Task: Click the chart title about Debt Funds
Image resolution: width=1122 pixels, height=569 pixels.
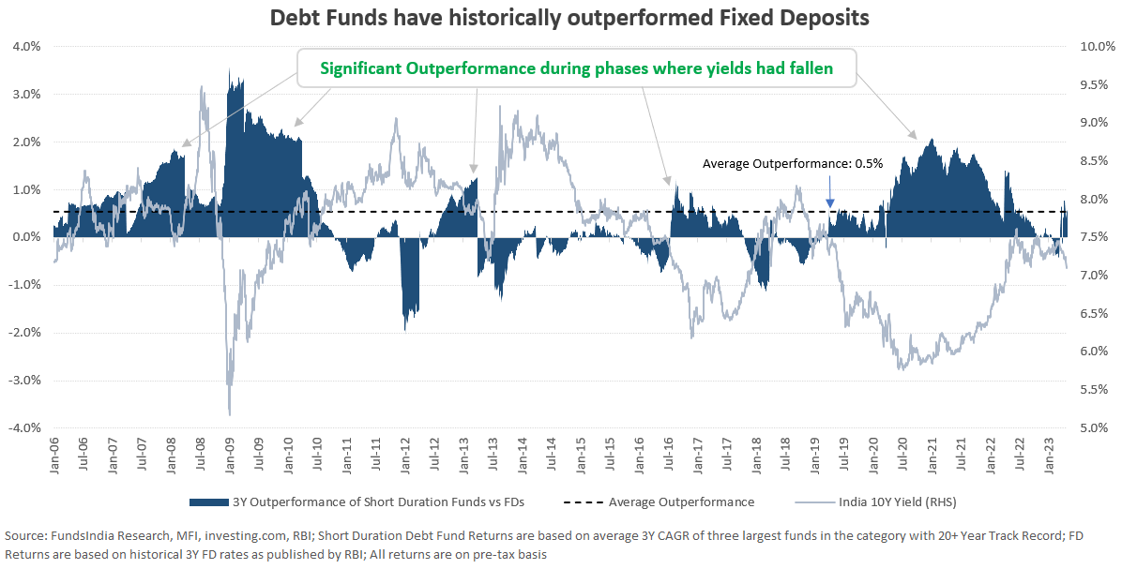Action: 561,18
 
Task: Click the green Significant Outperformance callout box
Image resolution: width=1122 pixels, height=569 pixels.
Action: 576,68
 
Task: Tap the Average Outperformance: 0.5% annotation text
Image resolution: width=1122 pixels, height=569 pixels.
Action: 793,163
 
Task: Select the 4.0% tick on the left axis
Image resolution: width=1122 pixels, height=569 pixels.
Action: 25,46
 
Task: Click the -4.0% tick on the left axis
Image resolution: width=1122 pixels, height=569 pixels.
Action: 23,427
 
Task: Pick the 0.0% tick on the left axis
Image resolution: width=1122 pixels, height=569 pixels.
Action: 25,237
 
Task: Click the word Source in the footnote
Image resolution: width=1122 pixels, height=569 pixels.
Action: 25,535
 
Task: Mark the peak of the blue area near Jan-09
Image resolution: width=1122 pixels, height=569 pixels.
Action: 230,69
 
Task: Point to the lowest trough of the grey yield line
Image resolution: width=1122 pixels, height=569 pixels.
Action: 230,414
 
